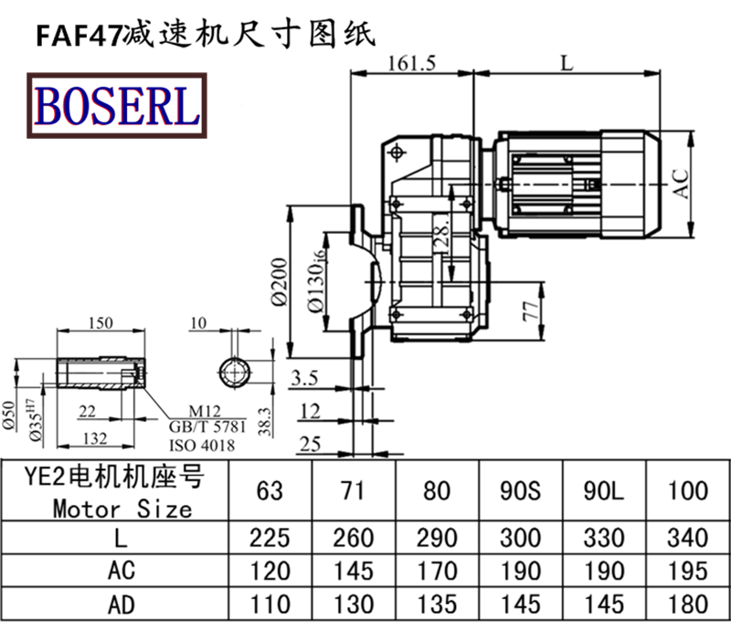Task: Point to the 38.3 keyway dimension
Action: click(x=264, y=421)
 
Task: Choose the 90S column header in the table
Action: click(x=522, y=490)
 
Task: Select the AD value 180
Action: click(x=687, y=604)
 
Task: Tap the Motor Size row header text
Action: click(x=122, y=507)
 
